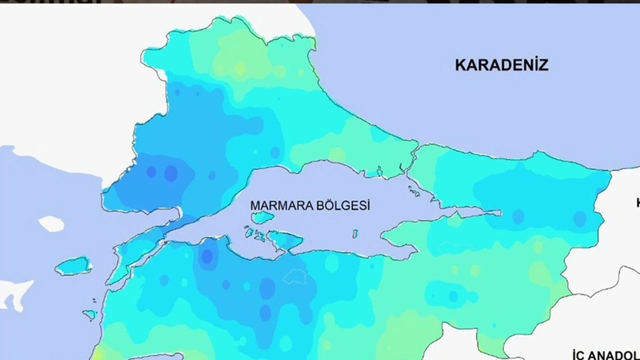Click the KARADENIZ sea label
tap(501, 65)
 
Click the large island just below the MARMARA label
tap(262, 217)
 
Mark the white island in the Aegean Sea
tap(51, 223)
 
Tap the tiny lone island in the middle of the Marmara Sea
tap(355, 233)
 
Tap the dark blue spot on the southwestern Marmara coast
tap(206, 256)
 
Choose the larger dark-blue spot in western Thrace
tap(170, 173)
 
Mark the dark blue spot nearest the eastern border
tap(579, 218)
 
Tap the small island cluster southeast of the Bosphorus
tap(414, 191)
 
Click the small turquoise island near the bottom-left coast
tap(90, 314)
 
